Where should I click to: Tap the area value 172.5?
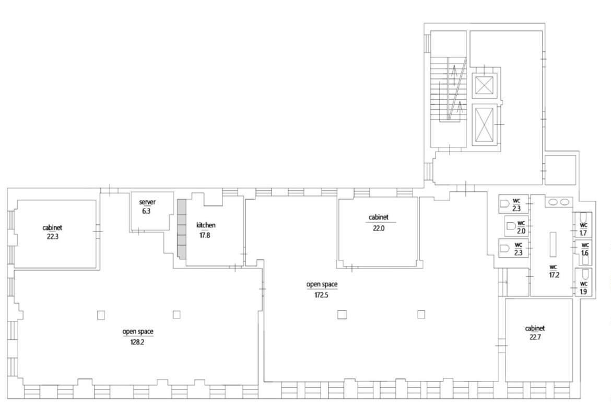click(322, 295)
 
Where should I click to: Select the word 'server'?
click(147, 202)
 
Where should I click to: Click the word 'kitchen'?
click(206, 225)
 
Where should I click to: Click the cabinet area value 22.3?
click(52, 236)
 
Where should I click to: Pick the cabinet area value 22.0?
click(379, 228)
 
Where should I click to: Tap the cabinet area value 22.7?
click(535, 337)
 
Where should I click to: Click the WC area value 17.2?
click(554, 275)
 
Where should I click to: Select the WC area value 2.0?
click(521, 231)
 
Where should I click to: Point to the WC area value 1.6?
click(584, 253)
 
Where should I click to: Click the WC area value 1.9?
click(583, 292)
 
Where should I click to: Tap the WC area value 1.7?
click(583, 233)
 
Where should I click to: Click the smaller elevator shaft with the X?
click(484, 85)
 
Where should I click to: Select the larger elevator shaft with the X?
click(484, 124)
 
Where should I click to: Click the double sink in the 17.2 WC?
click(559, 202)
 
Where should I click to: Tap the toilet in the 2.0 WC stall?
click(510, 226)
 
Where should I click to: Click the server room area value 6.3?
click(146, 211)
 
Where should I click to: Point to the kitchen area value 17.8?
click(205, 235)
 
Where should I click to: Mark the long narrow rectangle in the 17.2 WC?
click(553, 244)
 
